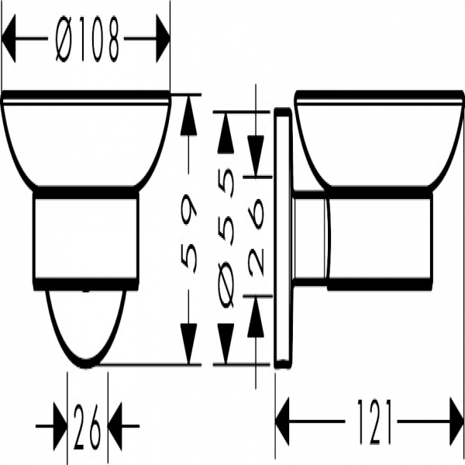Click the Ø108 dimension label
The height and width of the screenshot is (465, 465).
point(88,39)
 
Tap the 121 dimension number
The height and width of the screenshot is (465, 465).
point(374,422)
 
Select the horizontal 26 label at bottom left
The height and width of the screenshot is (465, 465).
point(88,426)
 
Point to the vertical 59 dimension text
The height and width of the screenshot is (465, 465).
point(188,232)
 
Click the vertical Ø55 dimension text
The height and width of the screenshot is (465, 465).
point(226,238)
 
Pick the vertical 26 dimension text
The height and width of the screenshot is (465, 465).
point(256,237)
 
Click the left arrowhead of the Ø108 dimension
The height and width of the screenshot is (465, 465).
point(9,39)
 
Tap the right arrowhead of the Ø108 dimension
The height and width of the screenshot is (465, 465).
point(163,39)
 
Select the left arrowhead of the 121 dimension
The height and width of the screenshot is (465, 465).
point(282,422)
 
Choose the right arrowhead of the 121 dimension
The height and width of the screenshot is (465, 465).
point(456,422)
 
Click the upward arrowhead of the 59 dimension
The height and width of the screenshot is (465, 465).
point(188,115)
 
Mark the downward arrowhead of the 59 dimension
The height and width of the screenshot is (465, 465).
point(188,343)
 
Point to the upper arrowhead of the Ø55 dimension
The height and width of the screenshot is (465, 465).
point(226,133)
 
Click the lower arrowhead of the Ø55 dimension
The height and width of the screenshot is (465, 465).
point(226,343)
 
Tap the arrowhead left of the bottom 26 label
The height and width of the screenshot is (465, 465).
point(60,426)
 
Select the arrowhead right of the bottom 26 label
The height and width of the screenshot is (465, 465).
point(115,426)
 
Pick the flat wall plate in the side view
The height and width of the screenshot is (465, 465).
point(283,238)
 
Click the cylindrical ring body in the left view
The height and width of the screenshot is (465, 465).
point(86,239)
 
